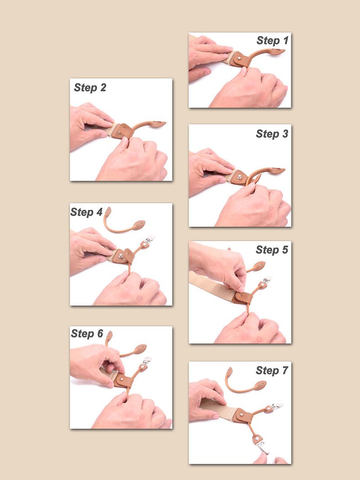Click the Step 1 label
tap(272, 40)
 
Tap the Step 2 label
tap(90, 88)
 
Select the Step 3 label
tap(272, 134)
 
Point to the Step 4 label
tap(86, 212)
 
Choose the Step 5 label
tap(272, 250)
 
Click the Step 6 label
tap(87, 333)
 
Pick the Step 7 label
tap(272, 370)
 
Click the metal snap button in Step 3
tap(240, 176)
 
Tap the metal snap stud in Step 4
tap(121, 256)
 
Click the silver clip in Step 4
tap(150, 239)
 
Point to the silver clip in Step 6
tap(147, 360)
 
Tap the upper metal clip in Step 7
tap(277, 406)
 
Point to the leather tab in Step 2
tap(123, 131)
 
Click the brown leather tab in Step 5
tap(243, 297)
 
